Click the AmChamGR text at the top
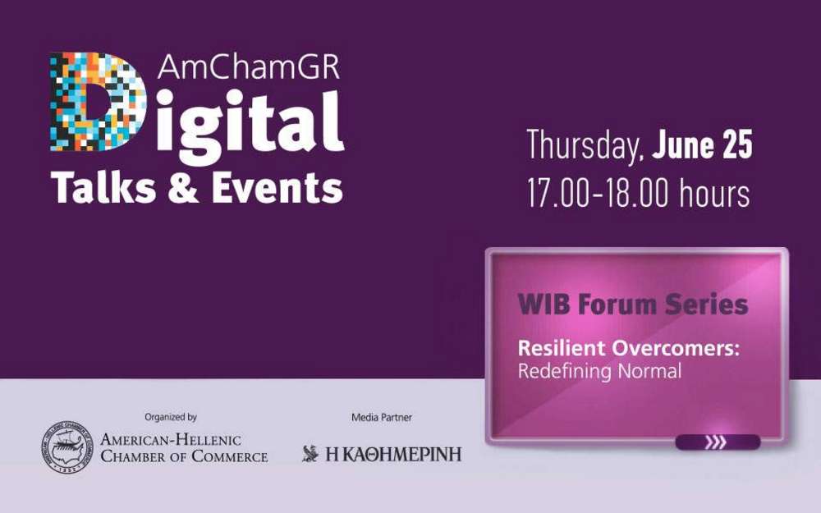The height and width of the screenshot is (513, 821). click(249, 66)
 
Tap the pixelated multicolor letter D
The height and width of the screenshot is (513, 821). click(98, 102)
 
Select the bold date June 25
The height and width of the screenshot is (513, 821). click(702, 145)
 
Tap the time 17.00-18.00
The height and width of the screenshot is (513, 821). click(598, 193)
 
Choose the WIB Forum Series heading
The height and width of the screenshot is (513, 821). click(632, 305)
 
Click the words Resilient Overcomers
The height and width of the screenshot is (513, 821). click(628, 348)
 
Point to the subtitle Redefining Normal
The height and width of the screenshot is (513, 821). click(599, 372)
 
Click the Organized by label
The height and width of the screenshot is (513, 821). click(171, 417)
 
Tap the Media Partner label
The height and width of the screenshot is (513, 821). click(382, 417)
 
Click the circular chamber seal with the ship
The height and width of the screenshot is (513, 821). click(67, 447)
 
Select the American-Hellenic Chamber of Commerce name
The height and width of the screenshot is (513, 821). click(184, 448)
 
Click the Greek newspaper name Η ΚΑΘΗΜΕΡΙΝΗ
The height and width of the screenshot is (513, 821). click(393, 454)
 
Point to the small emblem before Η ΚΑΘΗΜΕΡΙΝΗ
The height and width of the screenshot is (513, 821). click(310, 453)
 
